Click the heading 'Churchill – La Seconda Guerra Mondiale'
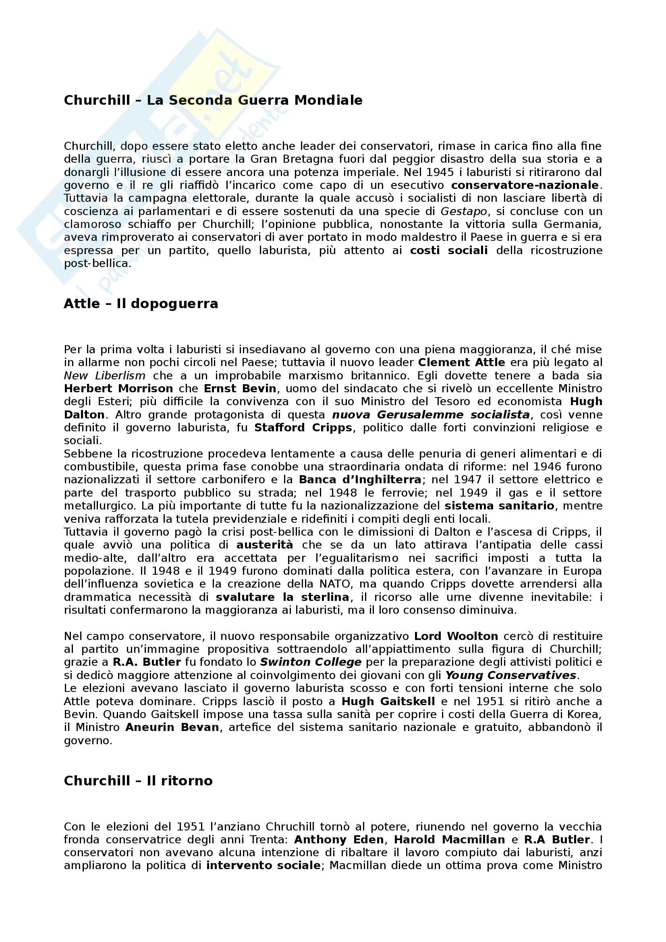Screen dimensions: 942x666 [x=213, y=101]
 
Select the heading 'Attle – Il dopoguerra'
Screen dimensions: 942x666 [x=141, y=304]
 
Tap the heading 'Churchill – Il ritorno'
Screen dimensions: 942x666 [x=138, y=781]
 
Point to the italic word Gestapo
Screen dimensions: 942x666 [x=464, y=212]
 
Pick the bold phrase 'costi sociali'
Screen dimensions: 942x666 [x=449, y=251]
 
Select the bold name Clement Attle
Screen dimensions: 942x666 [x=462, y=363]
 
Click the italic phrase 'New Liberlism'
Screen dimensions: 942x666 [x=105, y=376]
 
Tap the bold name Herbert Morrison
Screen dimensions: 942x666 [x=118, y=389]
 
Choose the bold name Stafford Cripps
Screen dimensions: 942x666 [x=303, y=428]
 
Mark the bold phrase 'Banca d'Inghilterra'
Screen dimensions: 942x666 [x=360, y=480]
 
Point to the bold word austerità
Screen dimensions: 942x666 [x=265, y=545]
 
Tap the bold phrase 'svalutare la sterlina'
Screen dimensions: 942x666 [x=283, y=597]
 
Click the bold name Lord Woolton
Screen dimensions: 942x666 [x=456, y=636]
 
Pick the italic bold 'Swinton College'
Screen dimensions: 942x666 [x=311, y=663]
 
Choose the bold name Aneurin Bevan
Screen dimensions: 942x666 [x=172, y=727]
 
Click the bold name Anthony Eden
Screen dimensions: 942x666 [x=339, y=840]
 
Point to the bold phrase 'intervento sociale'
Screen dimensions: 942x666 [x=263, y=866]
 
